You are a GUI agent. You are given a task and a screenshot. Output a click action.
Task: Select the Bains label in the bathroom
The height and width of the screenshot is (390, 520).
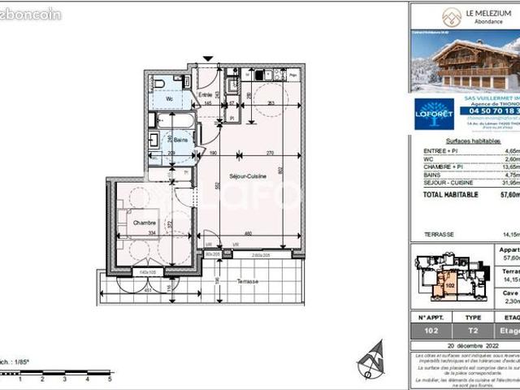pos(169,141)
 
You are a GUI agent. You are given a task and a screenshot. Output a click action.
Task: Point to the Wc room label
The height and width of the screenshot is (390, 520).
pos(170,99)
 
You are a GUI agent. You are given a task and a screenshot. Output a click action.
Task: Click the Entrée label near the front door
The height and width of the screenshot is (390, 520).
pos(206,95)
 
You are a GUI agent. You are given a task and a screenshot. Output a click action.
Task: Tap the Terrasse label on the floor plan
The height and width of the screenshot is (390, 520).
pos(249,281)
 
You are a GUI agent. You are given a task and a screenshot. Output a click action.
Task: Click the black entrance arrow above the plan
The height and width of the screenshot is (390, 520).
pos(209,59)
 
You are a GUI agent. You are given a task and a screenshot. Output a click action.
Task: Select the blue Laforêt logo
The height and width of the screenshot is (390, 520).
pos(434,114)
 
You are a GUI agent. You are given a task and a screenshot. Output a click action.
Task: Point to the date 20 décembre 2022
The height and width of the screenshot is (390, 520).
pos(464,345)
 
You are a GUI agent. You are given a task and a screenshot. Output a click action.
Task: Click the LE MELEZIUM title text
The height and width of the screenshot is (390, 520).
pos(490,11)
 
